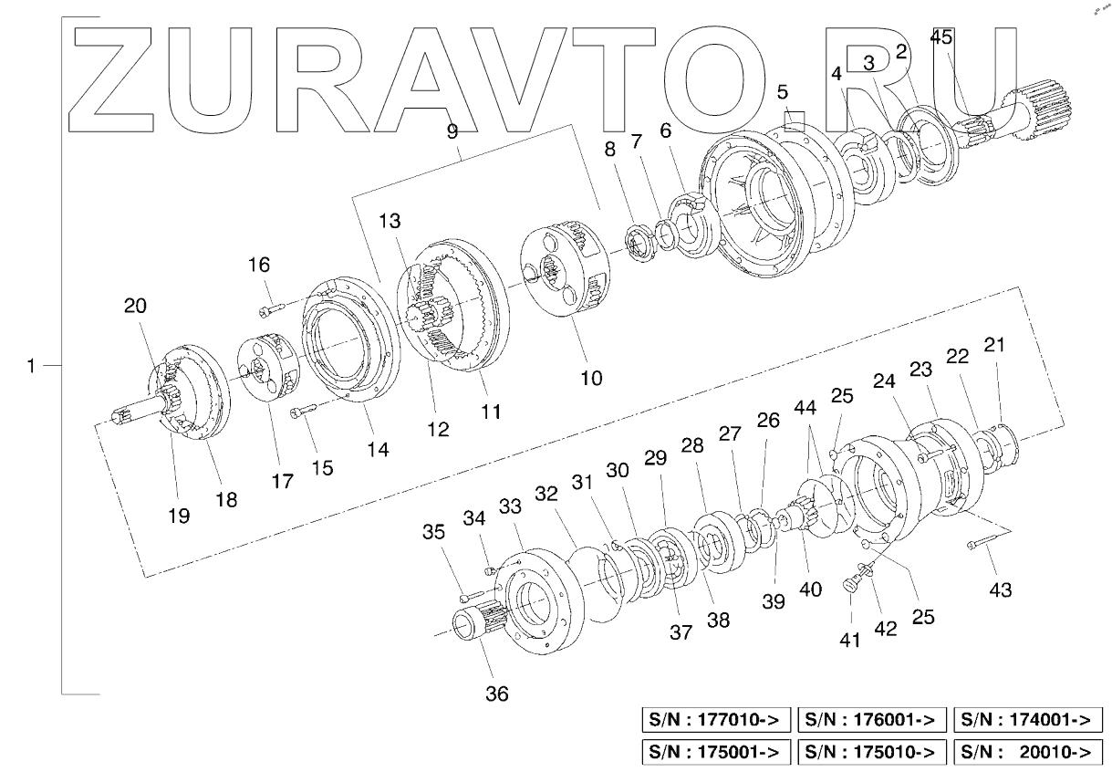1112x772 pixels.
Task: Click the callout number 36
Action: pyautogui.click(x=496, y=694)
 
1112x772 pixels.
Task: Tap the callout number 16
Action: pyautogui.click(x=259, y=265)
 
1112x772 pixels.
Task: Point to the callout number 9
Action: pyautogui.click(x=452, y=130)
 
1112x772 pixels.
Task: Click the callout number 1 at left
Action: pyautogui.click(x=32, y=366)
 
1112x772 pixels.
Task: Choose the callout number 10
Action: pyautogui.click(x=591, y=376)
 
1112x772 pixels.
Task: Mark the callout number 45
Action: pyautogui.click(x=941, y=37)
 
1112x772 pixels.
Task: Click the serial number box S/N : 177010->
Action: pyautogui.click(x=716, y=720)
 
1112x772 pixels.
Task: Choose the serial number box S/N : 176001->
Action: pyautogui.click(x=871, y=720)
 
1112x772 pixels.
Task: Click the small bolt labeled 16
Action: pyautogui.click(x=273, y=309)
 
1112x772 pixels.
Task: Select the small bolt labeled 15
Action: pyautogui.click(x=302, y=413)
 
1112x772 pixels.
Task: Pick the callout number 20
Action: pyautogui.click(x=135, y=306)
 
